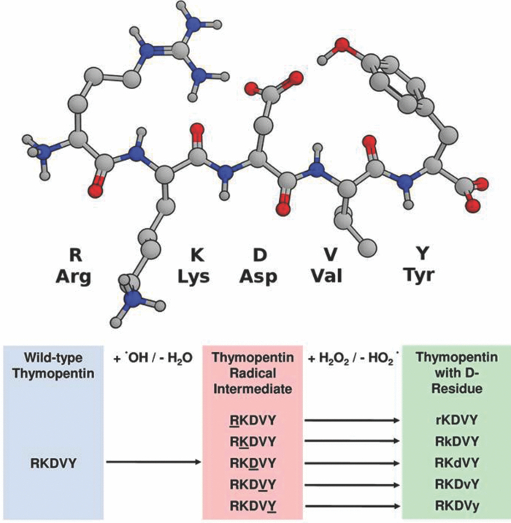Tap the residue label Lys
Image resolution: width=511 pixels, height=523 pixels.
point(195,278)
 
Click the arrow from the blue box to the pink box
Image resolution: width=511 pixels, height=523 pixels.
point(153,462)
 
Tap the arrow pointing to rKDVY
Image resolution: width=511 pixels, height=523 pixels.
point(351,421)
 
